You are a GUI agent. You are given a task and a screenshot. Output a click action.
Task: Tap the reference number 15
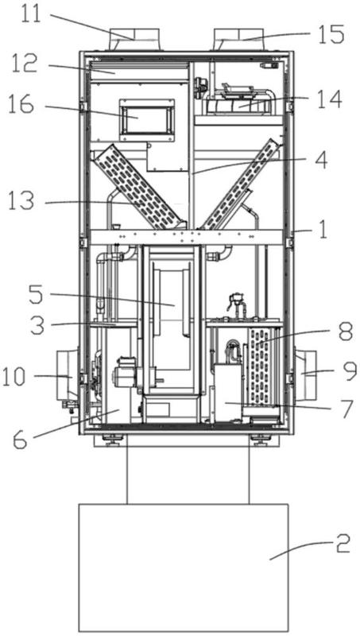[x=331, y=34]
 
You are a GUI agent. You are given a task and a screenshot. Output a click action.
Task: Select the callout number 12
[x=25, y=65]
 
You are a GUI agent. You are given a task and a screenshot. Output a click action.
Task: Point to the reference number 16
[x=21, y=106]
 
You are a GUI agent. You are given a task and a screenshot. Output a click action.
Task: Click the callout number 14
[x=329, y=100]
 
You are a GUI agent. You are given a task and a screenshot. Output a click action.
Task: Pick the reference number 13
[x=21, y=201]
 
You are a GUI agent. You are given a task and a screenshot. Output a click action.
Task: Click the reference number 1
[x=323, y=232]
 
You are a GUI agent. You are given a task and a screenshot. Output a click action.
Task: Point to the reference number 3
[x=37, y=325]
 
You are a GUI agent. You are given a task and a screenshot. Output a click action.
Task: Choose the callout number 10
[x=15, y=378]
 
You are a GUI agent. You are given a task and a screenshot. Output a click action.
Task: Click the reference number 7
[x=348, y=410]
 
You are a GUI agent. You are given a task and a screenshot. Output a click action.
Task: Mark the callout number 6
[x=21, y=440]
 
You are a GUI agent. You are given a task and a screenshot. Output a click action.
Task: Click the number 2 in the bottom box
[x=343, y=546]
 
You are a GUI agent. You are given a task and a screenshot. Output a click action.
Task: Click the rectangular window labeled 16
[x=146, y=118]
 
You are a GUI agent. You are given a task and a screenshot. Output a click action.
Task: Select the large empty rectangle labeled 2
[x=184, y=568]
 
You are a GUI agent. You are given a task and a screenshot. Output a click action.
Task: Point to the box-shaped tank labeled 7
[x=228, y=392]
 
